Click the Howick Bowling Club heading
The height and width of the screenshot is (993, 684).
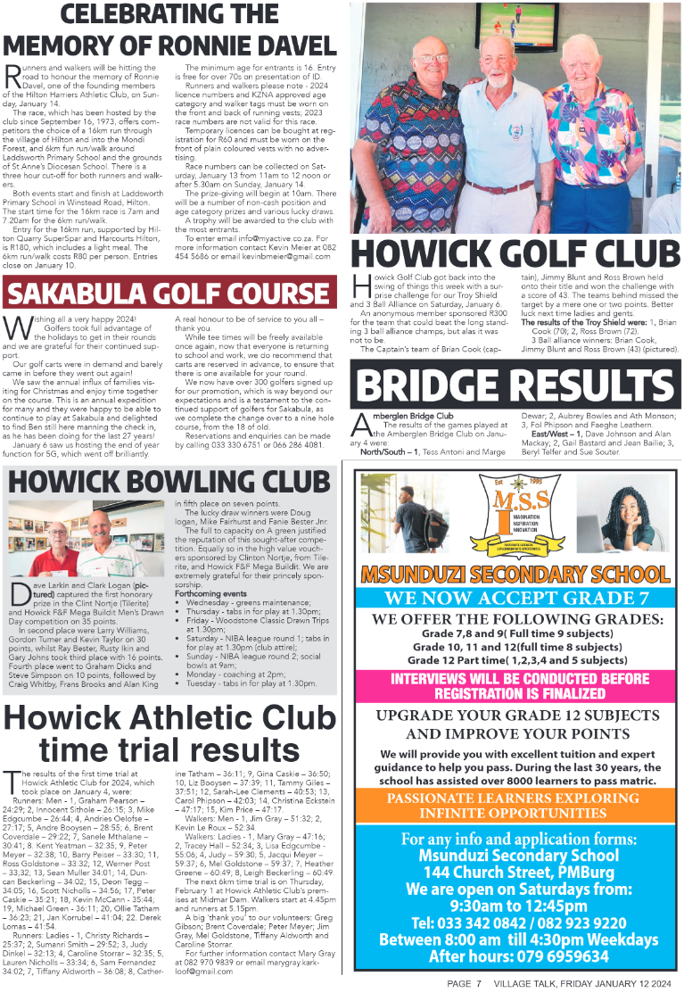169,482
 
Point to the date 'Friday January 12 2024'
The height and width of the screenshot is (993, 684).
615,983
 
